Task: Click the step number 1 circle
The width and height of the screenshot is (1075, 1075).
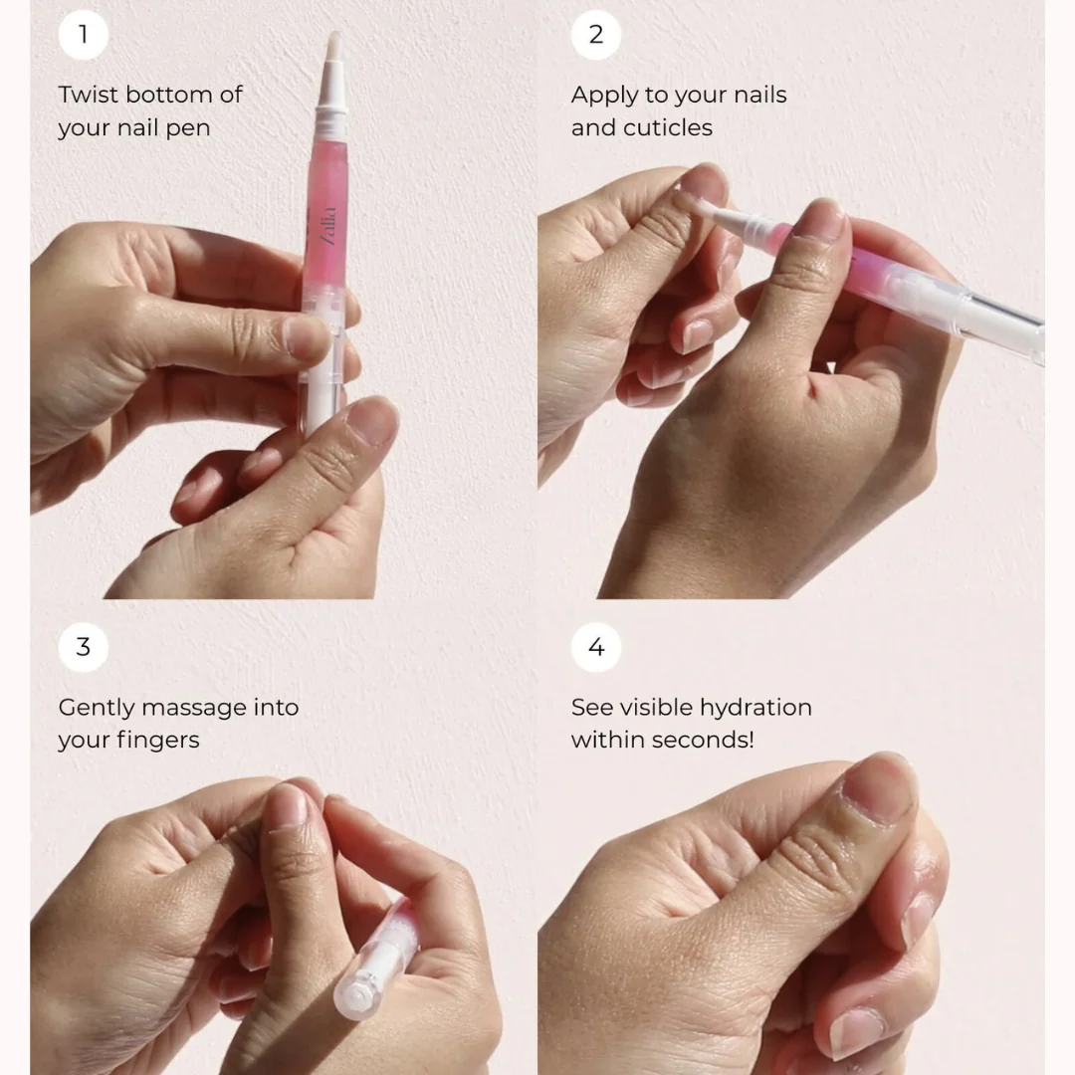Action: (x=84, y=35)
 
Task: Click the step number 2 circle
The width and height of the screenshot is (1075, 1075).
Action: (x=595, y=35)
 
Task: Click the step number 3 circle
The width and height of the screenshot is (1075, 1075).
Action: (x=84, y=647)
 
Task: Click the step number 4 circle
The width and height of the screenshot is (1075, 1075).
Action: (x=595, y=647)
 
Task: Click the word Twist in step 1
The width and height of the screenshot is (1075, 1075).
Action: (x=87, y=96)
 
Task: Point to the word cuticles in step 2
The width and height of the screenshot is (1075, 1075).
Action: (x=669, y=128)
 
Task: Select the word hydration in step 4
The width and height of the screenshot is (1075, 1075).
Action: (x=755, y=708)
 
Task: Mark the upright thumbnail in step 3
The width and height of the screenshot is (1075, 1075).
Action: (x=287, y=806)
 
